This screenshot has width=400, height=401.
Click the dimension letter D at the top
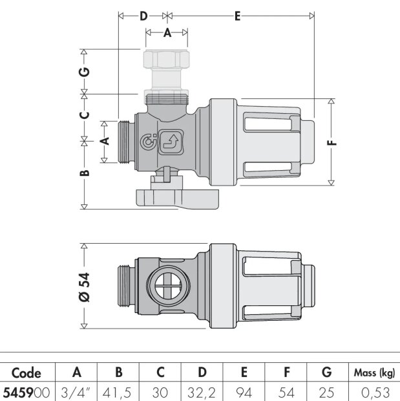click(143, 16)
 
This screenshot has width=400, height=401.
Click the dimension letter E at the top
click(237, 16)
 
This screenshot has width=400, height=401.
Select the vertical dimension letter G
click(85, 72)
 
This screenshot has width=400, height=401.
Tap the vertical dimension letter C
click(85, 115)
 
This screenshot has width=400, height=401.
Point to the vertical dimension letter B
click(85, 173)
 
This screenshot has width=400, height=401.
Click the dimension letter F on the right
click(332, 142)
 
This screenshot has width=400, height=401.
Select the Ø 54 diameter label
click(85, 287)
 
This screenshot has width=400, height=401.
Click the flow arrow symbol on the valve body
click(171, 142)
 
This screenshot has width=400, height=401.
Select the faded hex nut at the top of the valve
click(166, 59)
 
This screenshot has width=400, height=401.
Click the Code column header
click(26, 373)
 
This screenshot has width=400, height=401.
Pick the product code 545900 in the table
click(26, 393)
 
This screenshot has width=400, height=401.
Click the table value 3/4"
click(76, 393)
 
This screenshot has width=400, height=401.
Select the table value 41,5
click(118, 393)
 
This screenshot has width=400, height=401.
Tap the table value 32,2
click(202, 393)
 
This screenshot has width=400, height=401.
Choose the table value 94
click(244, 393)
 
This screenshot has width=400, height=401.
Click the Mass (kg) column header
click(374, 374)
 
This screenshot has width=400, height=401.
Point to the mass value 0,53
click(375, 393)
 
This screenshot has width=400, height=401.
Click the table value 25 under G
click(327, 393)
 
